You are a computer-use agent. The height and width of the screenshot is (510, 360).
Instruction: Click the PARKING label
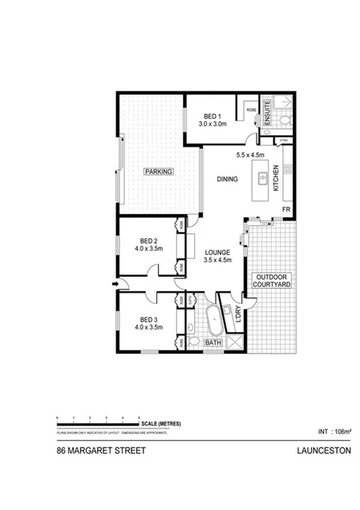tap(157, 172)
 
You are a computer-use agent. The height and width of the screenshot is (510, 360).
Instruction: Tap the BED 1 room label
tap(214, 115)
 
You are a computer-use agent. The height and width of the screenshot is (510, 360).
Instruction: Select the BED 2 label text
tap(150, 241)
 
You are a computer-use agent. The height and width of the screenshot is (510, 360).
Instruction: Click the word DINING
tap(227, 180)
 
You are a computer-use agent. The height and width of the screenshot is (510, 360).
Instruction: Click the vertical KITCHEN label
tap(276, 178)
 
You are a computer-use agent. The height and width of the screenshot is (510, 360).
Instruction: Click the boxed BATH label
tap(213, 343)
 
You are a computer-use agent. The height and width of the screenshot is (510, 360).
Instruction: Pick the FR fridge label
tap(285, 209)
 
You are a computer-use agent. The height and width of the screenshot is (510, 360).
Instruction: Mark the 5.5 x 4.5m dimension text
tap(250, 156)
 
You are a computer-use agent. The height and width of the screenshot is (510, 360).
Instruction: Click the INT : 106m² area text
tap(334, 431)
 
